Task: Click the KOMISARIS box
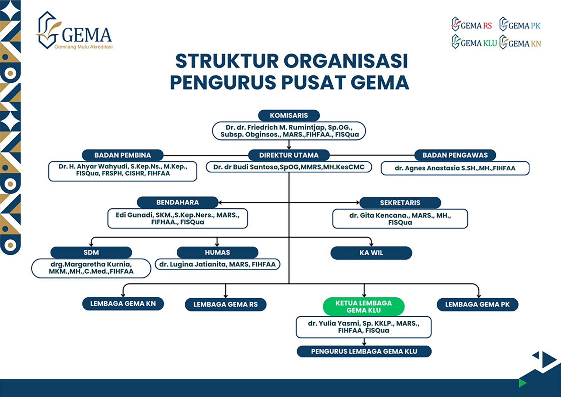tap(289, 116)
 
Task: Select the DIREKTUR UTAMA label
tap(289, 155)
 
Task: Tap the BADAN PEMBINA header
tap(122, 155)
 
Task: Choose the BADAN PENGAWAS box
tap(455, 155)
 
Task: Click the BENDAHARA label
tap(177, 202)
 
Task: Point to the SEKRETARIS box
tap(400, 203)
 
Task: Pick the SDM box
tap(91, 253)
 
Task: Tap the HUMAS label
tap(217, 253)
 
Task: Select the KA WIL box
tap(371, 253)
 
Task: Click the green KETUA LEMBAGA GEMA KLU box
tap(364, 307)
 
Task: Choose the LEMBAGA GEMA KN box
tap(123, 304)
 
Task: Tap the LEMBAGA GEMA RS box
tap(225, 305)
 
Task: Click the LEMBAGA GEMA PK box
tap(477, 305)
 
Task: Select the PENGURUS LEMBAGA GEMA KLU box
tap(364, 352)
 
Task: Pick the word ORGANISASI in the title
tap(346, 61)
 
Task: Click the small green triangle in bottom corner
tap(522, 383)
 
